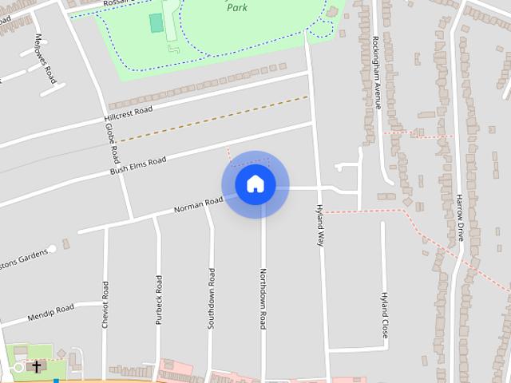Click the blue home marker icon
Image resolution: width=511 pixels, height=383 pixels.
(x=255, y=184)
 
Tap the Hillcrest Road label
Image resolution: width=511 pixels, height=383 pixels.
(x=128, y=115)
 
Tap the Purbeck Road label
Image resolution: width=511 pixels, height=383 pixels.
(x=159, y=299)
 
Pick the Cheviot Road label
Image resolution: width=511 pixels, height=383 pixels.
(x=105, y=303)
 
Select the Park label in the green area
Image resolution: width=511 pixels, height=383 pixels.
(x=237, y=6)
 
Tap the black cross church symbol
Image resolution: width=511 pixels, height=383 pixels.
(x=36, y=366)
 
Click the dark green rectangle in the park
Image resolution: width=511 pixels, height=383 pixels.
(x=156, y=24)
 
